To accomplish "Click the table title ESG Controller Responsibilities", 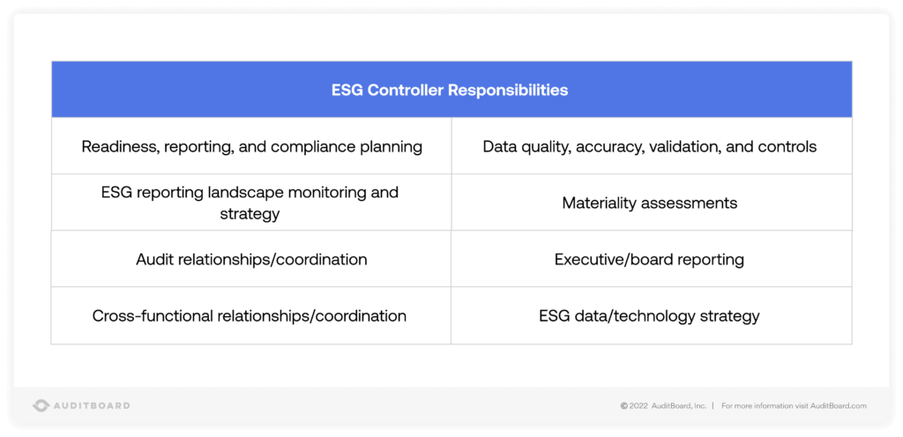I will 450,90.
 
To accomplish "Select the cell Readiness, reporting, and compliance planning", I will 251,146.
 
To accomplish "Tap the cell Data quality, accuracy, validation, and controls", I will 650,146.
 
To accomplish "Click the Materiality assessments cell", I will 650,203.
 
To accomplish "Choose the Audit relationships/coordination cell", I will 251,259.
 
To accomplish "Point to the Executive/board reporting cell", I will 649,259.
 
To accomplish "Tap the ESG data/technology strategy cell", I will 649,315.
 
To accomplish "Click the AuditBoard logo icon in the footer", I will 41,405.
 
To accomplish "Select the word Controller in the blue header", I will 406,90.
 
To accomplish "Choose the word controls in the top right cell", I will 791,146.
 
